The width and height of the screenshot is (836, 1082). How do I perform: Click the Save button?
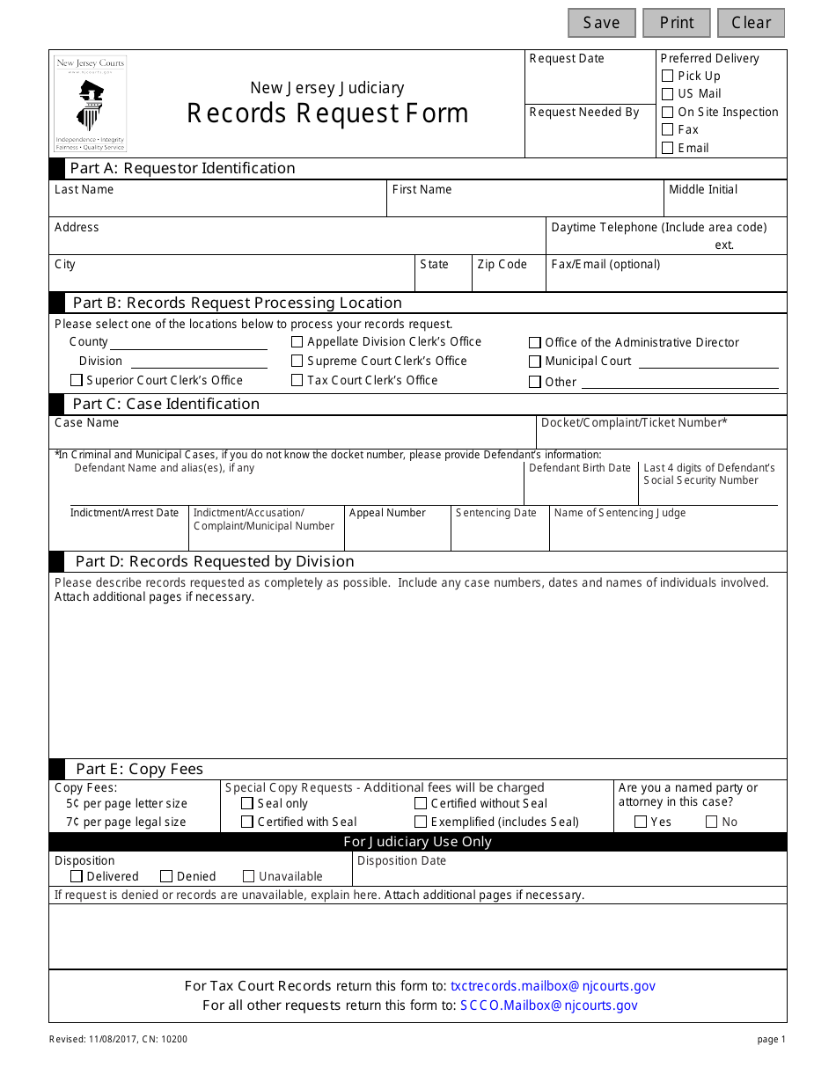[601, 23]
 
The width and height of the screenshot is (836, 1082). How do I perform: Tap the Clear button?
[751, 23]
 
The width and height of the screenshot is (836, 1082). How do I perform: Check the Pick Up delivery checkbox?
[668, 77]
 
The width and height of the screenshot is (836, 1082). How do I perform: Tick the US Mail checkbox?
[668, 94]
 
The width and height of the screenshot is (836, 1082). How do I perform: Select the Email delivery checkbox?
[668, 148]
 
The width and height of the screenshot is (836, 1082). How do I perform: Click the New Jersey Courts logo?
[91, 104]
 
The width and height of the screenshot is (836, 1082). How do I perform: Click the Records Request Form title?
[327, 113]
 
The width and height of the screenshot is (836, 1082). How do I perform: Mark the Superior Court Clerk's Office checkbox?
[77, 380]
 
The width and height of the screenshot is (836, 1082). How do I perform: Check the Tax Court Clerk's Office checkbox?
[297, 380]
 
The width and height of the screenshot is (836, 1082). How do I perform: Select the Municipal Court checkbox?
[535, 362]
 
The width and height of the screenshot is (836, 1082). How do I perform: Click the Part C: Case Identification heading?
[165, 404]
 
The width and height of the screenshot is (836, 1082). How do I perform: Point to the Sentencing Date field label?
[496, 513]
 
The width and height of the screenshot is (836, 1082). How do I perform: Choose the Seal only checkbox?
[247, 803]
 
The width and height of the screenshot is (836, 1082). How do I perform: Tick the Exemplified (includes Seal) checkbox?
[421, 822]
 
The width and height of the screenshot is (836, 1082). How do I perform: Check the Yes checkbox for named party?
[641, 822]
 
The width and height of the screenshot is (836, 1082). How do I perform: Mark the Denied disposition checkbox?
[166, 876]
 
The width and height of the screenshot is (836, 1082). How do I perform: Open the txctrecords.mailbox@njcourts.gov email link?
[553, 986]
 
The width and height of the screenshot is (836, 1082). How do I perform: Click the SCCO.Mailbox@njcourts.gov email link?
[549, 1005]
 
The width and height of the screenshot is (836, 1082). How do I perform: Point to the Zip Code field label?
[502, 265]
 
